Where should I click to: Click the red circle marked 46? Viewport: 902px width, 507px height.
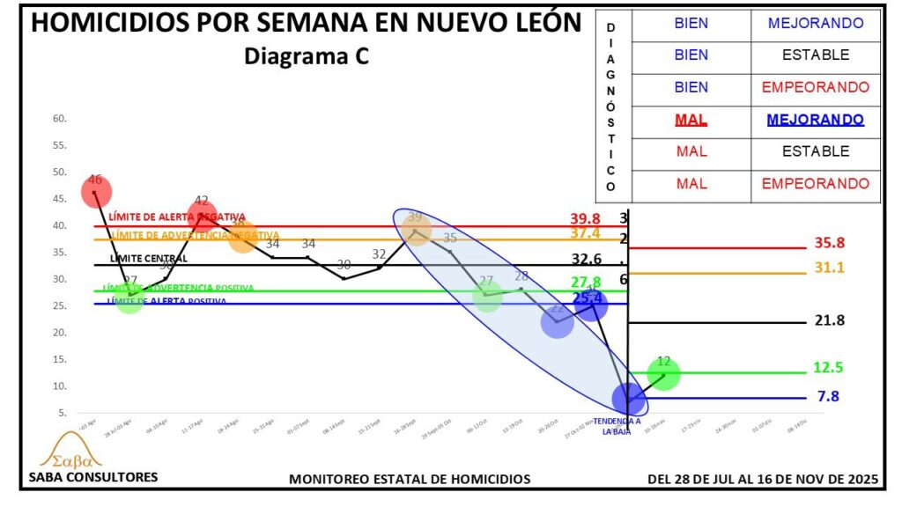[x=96, y=191]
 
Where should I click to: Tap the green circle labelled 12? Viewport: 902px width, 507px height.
[x=663, y=374]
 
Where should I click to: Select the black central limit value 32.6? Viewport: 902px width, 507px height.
[x=592, y=259]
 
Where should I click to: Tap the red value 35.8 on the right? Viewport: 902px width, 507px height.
[x=829, y=243]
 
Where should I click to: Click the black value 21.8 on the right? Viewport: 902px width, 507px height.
[x=829, y=320]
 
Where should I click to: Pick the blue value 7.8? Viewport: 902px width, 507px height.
[x=828, y=396]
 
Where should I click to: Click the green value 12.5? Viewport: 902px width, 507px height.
[x=828, y=367]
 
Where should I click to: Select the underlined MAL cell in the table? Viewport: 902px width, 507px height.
[x=691, y=119]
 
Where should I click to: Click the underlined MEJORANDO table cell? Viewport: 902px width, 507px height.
[x=815, y=119]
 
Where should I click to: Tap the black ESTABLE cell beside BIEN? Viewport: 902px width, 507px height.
[x=815, y=55]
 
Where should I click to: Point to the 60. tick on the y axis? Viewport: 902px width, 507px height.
[x=60, y=118]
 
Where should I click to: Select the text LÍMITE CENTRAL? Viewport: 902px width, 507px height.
[x=148, y=259]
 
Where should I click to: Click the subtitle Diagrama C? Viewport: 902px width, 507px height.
[x=306, y=57]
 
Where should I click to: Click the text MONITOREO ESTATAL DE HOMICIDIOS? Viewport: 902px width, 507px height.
[x=410, y=479]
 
